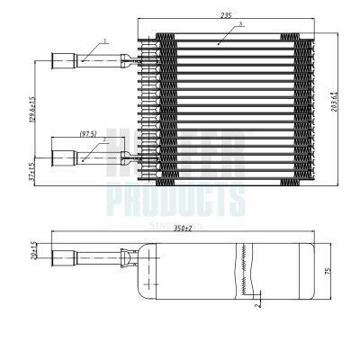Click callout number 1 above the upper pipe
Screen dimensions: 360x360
105,40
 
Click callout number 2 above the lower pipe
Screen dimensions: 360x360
105,140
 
